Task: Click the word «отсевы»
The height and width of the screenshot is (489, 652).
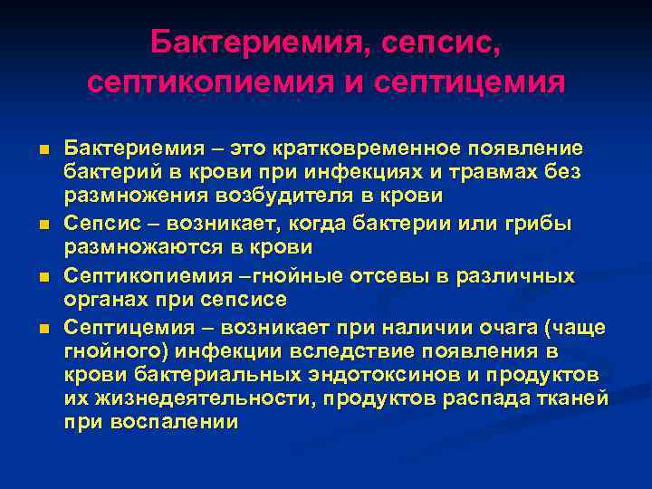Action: (357, 273)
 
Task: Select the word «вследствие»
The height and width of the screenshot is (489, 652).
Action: (351, 349)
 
